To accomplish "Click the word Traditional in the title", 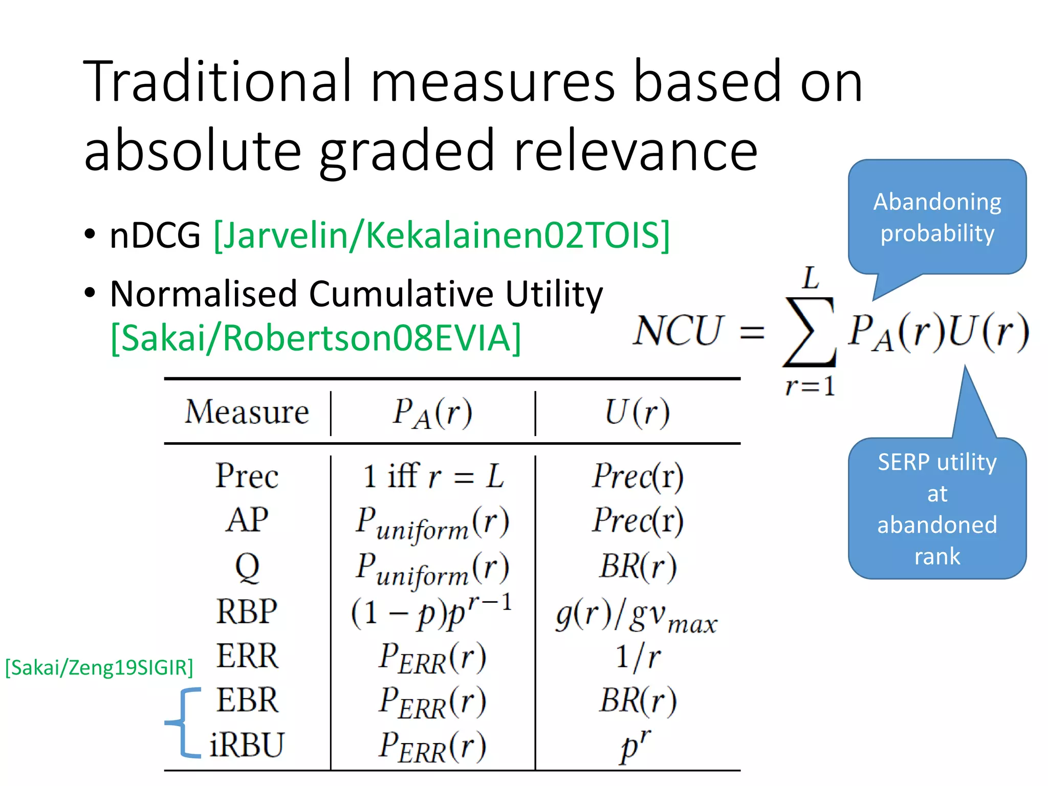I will (217, 82).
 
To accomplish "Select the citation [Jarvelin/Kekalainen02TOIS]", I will (441, 235).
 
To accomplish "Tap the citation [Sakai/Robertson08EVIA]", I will (316, 338).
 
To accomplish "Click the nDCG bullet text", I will (155, 235).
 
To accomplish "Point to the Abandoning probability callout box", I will (937, 217).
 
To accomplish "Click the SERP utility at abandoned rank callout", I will (937, 509).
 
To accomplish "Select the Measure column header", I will (247, 412).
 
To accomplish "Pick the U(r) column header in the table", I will (637, 412).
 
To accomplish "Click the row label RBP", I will (247, 611).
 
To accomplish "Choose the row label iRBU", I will (247, 745).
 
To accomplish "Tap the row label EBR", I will (247, 700).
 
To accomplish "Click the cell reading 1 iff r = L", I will (433, 476).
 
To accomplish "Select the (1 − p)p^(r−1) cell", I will (431, 612).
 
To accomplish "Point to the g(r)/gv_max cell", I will (637, 616).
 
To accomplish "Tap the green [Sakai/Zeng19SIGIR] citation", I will (99, 668).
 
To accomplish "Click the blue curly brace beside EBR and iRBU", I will (182, 723).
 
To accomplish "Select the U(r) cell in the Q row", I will (638, 567).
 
